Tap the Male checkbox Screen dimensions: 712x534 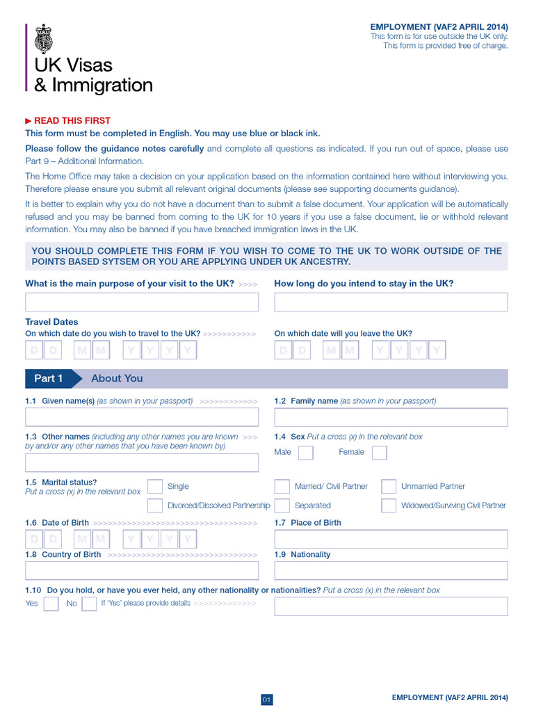305,453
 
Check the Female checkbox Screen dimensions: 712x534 379,453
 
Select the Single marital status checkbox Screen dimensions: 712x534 156,487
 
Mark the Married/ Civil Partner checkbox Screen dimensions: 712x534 282,487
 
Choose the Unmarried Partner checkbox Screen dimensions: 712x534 389,487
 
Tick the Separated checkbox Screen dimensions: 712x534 282,505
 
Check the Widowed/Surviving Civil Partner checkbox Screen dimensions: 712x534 389,505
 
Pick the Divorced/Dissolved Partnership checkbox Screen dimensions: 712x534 156,505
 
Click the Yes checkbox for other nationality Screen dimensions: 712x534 51,604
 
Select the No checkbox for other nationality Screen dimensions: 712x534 89,604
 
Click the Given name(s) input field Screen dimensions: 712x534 142,417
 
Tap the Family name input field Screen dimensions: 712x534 391,417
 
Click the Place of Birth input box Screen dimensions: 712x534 391,539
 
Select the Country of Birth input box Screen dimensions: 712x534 142,571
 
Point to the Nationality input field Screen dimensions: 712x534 391,571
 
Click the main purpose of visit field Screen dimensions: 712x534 142,302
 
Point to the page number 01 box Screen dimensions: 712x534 266,699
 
